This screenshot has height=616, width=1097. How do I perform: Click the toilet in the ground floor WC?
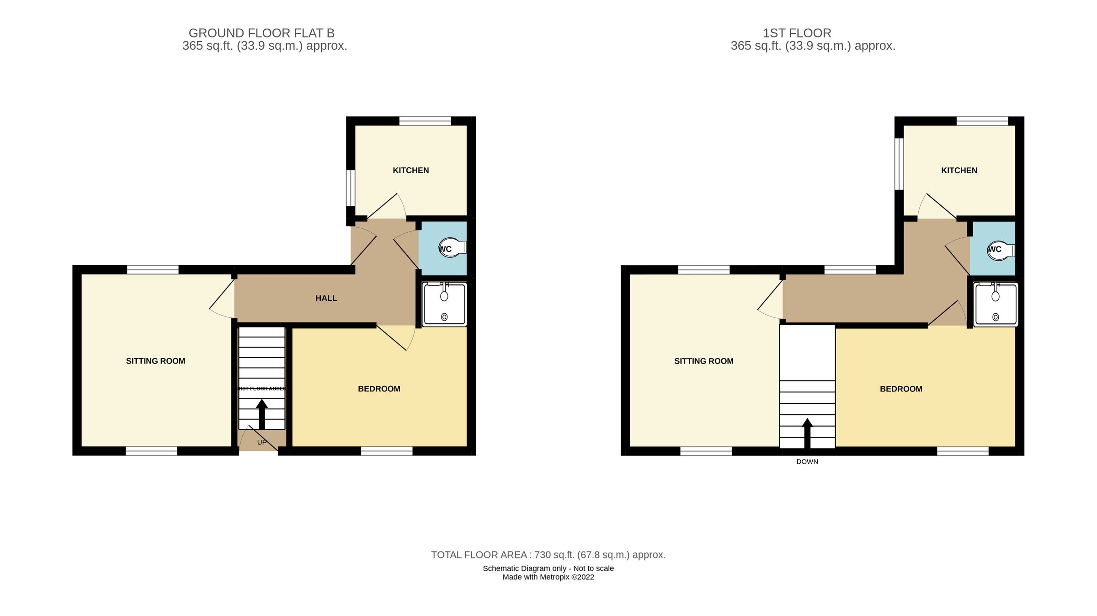pos(453,247)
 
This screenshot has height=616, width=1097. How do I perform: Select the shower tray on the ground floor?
pos(444,304)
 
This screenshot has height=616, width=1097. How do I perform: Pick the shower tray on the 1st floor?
pos(996,305)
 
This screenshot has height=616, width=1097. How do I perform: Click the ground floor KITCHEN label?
pos(410,170)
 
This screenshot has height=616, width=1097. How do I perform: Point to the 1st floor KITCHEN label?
pos(959,170)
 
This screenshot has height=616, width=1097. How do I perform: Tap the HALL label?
pos(326,298)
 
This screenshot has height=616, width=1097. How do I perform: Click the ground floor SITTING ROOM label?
pos(155,361)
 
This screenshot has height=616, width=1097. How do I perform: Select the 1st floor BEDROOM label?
pos(901,389)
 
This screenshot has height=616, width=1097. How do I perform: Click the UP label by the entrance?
pos(261,442)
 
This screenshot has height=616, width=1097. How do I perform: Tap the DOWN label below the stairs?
pos(807,461)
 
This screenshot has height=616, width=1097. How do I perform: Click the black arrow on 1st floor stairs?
pos(807,432)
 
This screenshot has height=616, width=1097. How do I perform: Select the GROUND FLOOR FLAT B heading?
pos(261,33)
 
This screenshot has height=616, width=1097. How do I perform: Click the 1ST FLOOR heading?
pos(797,33)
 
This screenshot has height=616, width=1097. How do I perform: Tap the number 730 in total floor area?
pos(542,555)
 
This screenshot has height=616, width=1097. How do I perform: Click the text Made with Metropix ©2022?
pos(548,577)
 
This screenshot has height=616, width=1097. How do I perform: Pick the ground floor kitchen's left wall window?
pos(351,188)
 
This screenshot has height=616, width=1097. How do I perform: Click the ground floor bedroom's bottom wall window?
pos(387,451)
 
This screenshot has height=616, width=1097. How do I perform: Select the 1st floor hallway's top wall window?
pos(850,270)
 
